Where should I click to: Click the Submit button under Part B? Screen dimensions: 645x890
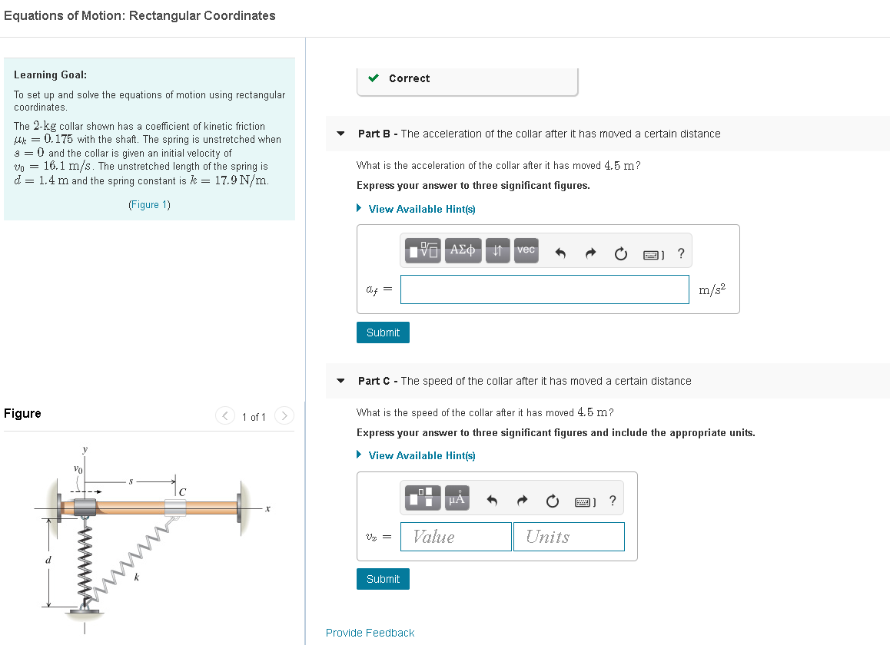click(383, 332)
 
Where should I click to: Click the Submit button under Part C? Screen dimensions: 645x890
click(383, 579)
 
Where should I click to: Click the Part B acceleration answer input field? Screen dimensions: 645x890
click(544, 289)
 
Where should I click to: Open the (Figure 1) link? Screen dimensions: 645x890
click(149, 204)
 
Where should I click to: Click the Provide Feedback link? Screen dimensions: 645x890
click(370, 633)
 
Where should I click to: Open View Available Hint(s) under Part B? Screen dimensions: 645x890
click(421, 209)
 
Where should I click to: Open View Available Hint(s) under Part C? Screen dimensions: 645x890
click(421, 455)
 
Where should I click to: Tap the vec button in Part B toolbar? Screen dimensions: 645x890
click(526, 250)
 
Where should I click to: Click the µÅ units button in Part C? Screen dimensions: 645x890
click(456, 499)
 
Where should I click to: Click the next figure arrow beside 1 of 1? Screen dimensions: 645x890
click(284, 416)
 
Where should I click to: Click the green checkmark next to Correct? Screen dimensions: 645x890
click(374, 78)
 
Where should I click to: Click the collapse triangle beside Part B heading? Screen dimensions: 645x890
click(341, 134)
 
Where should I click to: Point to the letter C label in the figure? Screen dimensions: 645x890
click(183, 491)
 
